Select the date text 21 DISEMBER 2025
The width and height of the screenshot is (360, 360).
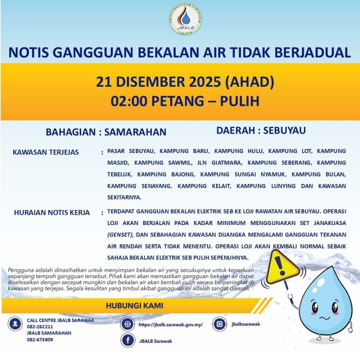pos(158,82)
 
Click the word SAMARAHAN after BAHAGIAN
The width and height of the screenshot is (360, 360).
pos(135,132)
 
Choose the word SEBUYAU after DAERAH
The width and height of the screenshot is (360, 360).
pos(284,130)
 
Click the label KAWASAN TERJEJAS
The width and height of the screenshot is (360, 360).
pos(46,152)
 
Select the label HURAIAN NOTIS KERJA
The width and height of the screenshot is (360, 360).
pos(52,212)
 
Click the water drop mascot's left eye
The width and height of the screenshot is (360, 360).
pos(315,307)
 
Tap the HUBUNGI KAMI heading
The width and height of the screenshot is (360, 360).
pos(134,306)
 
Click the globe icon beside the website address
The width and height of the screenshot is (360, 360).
pos(127,324)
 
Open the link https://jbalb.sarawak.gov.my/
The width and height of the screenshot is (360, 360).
pos(171,325)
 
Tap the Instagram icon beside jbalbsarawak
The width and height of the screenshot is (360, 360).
pos(219,324)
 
